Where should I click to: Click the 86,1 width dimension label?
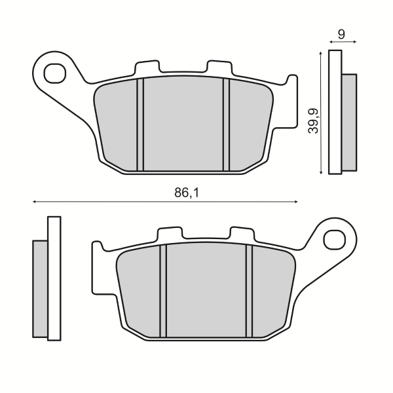185,193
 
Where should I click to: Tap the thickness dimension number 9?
342,32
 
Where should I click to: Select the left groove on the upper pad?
140,124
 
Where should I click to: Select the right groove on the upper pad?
227,124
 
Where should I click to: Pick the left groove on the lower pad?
163,291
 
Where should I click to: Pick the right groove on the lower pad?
249,291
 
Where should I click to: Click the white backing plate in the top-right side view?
335,112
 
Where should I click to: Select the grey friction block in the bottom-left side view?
40,288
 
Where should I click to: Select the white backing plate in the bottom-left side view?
54,278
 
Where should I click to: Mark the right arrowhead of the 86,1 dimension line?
295,202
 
